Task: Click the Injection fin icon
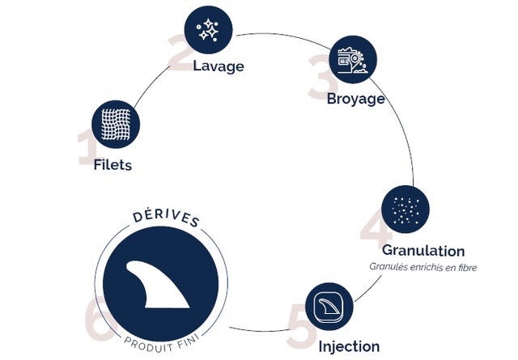tap(330, 306)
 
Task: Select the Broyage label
tap(355, 100)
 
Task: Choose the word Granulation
tap(424, 250)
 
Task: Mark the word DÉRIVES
tap(167, 221)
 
